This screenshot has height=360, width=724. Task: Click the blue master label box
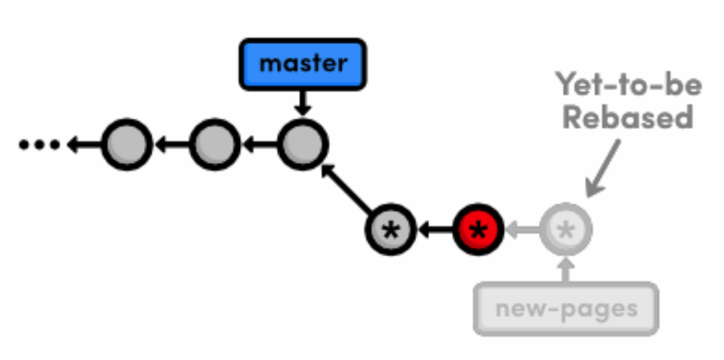pyautogui.click(x=302, y=64)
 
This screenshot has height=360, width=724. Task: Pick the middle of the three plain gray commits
pyautogui.click(x=214, y=144)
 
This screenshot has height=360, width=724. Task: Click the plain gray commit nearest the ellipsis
pyautogui.click(x=126, y=144)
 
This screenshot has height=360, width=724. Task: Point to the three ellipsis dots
pyautogui.click(x=39, y=145)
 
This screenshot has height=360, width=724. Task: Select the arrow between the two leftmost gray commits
pyautogui.click(x=170, y=145)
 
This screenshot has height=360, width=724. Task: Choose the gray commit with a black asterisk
pyautogui.click(x=391, y=231)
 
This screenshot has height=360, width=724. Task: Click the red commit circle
pyautogui.click(x=478, y=231)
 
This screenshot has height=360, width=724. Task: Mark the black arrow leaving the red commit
pyautogui.click(x=435, y=231)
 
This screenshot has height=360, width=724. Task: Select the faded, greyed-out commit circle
pyautogui.click(x=565, y=231)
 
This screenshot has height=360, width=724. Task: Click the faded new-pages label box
pyautogui.click(x=566, y=309)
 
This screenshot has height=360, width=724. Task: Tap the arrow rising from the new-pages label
pyautogui.click(x=565, y=269)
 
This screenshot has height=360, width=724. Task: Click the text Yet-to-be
pyautogui.click(x=628, y=85)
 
